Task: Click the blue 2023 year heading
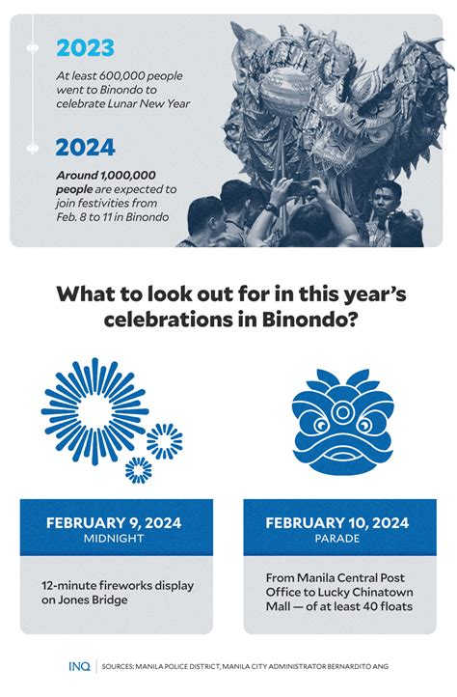[x=85, y=48]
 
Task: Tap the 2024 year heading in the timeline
[x=85, y=147]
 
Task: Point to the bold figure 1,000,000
[x=128, y=175]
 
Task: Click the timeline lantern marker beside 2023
[x=33, y=47]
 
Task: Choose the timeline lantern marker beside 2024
[x=33, y=147]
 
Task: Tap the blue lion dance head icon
[x=342, y=422]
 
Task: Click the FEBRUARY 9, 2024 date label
[x=114, y=522]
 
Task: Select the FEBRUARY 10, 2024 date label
[x=337, y=522]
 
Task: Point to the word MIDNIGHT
[x=114, y=539]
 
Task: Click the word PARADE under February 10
[x=337, y=539]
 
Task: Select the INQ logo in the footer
[x=79, y=666]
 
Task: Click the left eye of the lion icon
[x=320, y=427]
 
